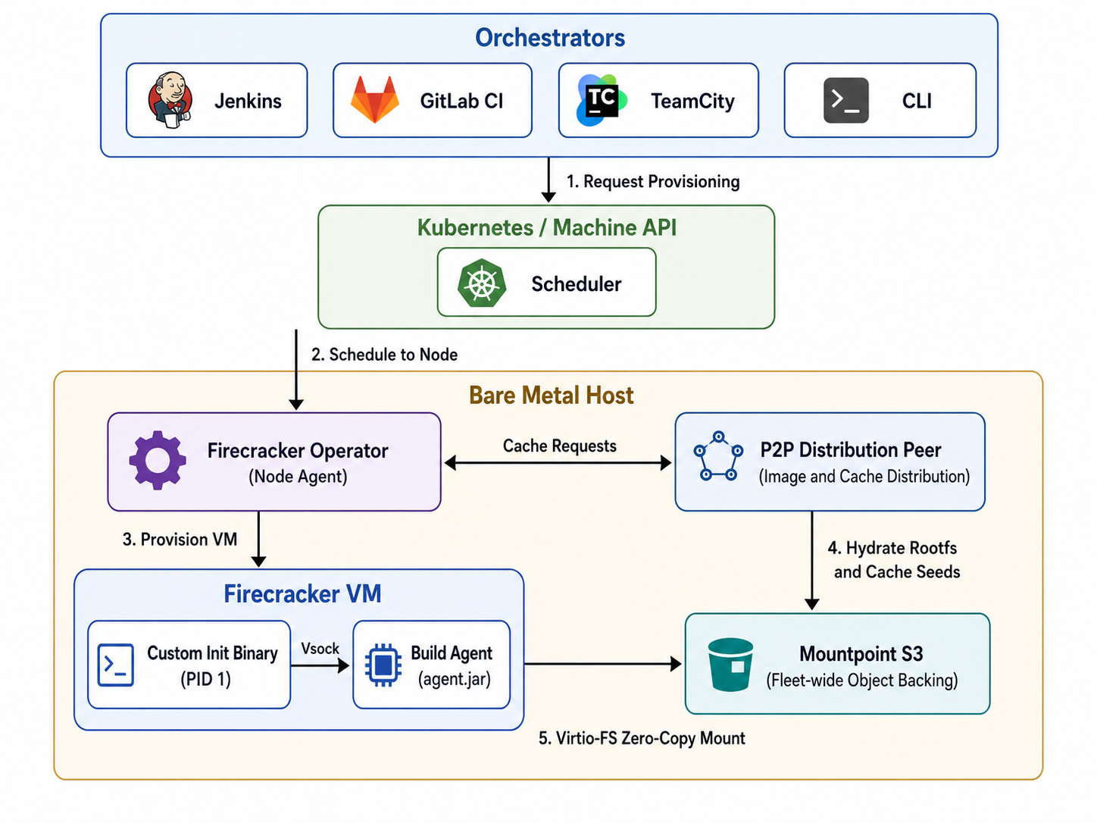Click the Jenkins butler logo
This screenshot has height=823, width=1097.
pyautogui.click(x=170, y=101)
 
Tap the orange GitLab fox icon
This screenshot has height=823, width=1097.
pyautogui.click(x=375, y=99)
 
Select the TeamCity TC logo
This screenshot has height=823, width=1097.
pyautogui.click(x=602, y=100)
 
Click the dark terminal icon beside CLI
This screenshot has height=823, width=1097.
pyautogui.click(x=845, y=100)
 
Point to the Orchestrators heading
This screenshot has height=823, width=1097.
pyautogui.click(x=550, y=37)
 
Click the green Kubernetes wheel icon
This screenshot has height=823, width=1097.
pyautogui.click(x=482, y=283)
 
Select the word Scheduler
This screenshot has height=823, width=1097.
pyautogui.click(x=577, y=284)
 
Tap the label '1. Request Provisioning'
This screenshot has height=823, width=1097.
pyautogui.click(x=653, y=181)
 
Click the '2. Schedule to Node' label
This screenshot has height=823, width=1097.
pyautogui.click(x=384, y=355)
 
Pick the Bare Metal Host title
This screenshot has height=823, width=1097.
pyautogui.click(x=552, y=396)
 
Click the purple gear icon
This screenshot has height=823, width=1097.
pyautogui.click(x=158, y=460)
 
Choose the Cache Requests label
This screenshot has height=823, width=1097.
pyautogui.click(x=559, y=446)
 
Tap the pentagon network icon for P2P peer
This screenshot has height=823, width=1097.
pyautogui.click(x=718, y=455)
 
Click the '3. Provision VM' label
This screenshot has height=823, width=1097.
pyautogui.click(x=180, y=539)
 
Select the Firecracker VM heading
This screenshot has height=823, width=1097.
pyautogui.click(x=302, y=593)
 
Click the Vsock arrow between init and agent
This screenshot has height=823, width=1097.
pyautogui.click(x=320, y=665)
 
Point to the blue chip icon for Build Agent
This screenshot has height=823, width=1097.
pyautogui.click(x=383, y=665)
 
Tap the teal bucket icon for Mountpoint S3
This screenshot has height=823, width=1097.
pyautogui.click(x=730, y=665)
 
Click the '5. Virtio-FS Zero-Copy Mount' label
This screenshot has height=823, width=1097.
pyautogui.click(x=642, y=738)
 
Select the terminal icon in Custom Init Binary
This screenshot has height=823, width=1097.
pyautogui.click(x=115, y=665)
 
